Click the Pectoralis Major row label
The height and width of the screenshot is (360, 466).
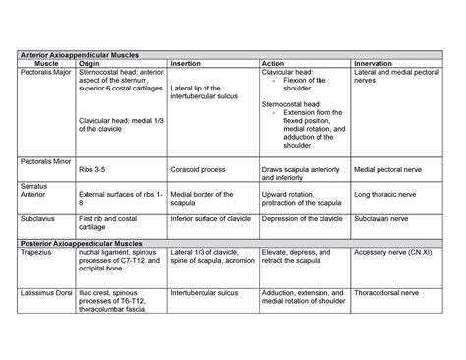point(43,73)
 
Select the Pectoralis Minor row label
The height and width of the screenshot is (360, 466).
point(43,159)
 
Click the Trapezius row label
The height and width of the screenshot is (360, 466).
point(36,252)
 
